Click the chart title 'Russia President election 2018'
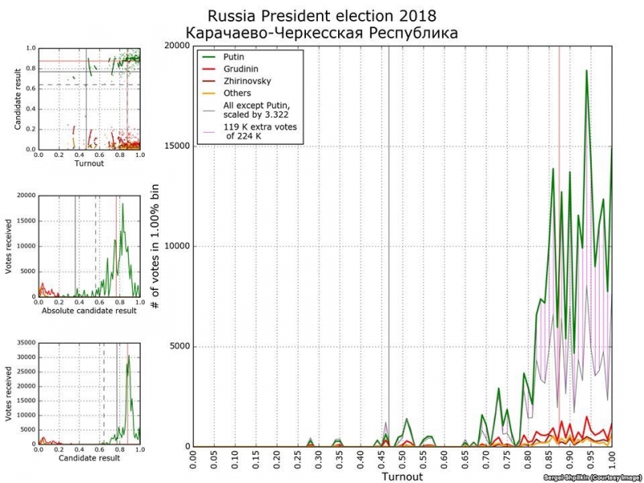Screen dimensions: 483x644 [x=322, y=16]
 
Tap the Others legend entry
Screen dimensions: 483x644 [x=238, y=93]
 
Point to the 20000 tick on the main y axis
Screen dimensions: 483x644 [x=176, y=45]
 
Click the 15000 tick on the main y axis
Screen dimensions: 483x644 [x=176, y=146]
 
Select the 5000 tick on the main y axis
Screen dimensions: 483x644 [x=179, y=347]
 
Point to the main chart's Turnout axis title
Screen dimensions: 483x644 [x=402, y=477]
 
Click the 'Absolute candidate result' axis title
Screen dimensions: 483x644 [x=89, y=309]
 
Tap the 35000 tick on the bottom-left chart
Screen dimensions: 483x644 [x=25, y=344]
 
